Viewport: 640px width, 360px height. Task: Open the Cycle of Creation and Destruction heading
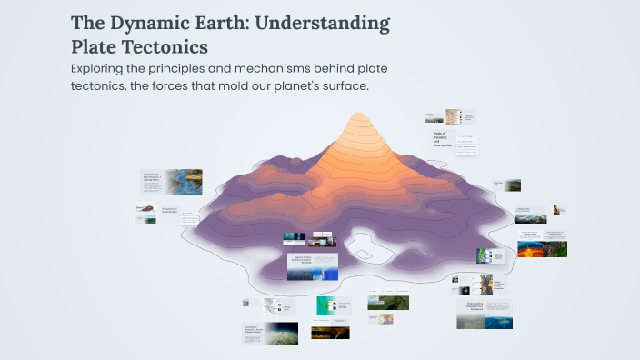pos(442,138)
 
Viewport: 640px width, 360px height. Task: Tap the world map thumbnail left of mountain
pos(184,179)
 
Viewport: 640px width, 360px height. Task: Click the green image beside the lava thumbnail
pos(555,248)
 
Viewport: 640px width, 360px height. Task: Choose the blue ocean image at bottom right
pos(498,322)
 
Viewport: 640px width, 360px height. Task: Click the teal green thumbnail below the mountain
pos(325,305)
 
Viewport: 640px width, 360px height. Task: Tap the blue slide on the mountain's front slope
pos(312,266)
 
